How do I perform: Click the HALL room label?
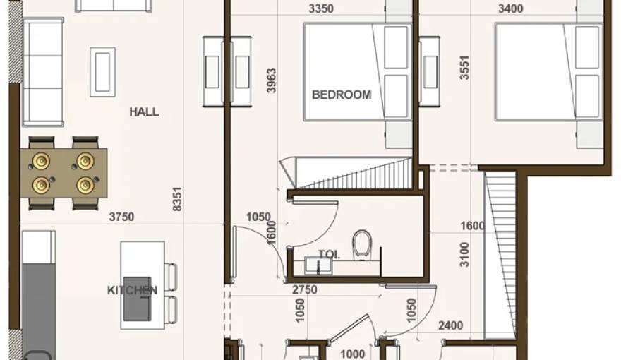pos(144,112)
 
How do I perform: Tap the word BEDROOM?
pos(342,94)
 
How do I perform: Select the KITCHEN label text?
pos(132,290)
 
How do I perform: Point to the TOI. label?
pos(329,255)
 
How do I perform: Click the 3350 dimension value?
pos(322,9)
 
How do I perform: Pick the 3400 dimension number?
pos(510,9)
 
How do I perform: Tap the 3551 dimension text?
pos(464,68)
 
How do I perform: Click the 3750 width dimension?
pos(121,217)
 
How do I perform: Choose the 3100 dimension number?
pos(463,253)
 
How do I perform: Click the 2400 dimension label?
pos(451,325)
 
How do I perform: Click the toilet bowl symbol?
pos(362,243)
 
